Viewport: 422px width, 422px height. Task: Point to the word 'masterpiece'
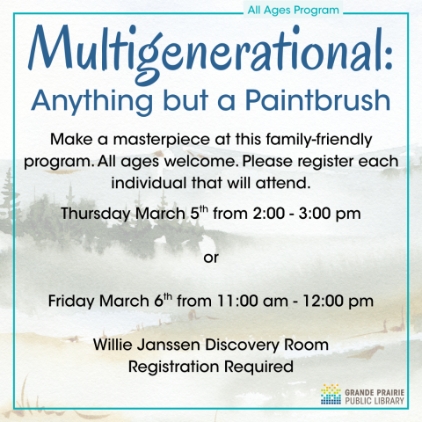coord(143,141)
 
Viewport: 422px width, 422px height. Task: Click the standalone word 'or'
coord(210,258)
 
